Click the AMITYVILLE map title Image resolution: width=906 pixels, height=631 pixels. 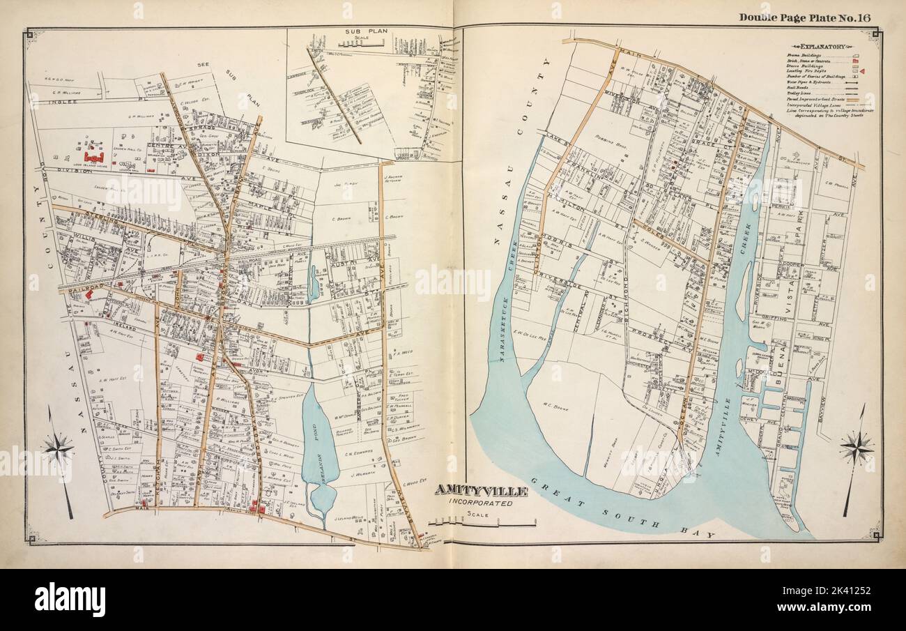tap(480, 491)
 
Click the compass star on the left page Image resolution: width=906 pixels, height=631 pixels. tap(59, 446)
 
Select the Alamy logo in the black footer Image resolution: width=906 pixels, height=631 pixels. tap(70, 600)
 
